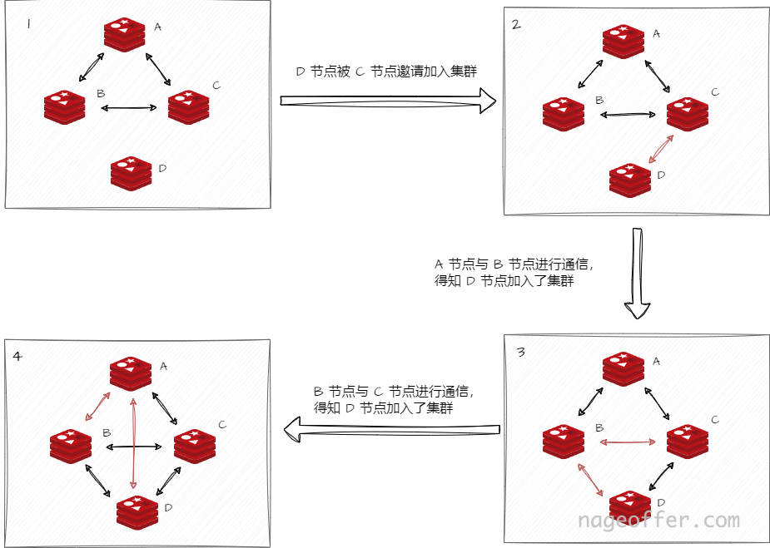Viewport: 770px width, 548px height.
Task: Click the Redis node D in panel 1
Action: click(x=131, y=172)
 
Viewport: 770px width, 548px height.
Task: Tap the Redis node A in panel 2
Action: click(x=624, y=42)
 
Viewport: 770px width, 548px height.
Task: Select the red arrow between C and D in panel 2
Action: click(x=663, y=149)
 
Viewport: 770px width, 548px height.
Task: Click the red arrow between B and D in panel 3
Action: click(x=592, y=480)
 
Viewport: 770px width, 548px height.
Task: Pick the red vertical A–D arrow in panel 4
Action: click(x=134, y=442)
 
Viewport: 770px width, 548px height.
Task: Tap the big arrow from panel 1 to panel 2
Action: click(x=387, y=101)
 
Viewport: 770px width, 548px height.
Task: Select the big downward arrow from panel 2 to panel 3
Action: click(x=638, y=274)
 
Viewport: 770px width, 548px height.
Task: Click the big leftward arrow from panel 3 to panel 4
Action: click(x=391, y=429)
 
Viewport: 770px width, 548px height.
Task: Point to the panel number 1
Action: click(x=28, y=24)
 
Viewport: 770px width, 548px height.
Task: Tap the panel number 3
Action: click(x=520, y=352)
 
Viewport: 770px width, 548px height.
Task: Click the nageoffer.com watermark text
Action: click(x=658, y=521)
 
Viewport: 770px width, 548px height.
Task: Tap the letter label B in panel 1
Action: click(x=101, y=94)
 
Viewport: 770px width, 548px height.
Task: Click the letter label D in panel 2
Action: click(x=661, y=175)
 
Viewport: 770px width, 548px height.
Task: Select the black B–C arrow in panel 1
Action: click(x=128, y=107)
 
